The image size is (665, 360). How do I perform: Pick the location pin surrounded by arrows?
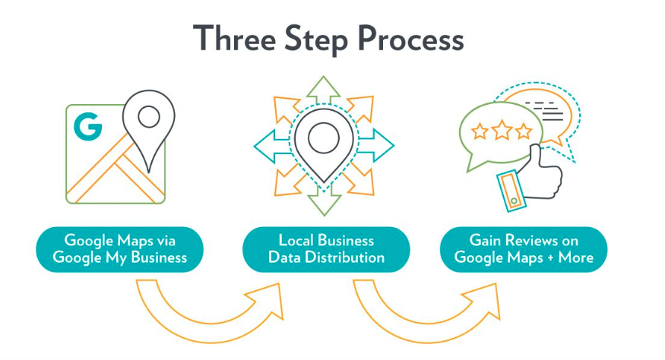323,141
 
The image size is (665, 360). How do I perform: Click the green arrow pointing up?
324,87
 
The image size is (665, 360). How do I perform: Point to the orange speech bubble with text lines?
543,112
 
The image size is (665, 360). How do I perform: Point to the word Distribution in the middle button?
347,257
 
